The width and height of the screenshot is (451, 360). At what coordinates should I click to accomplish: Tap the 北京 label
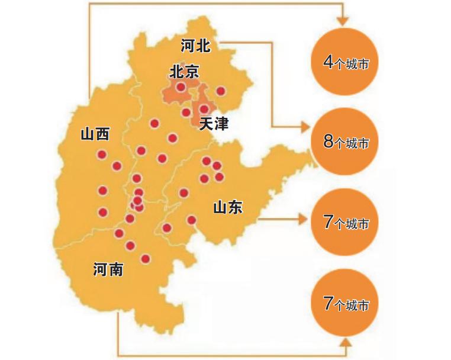point(184,72)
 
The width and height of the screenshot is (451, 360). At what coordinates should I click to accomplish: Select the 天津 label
point(214,124)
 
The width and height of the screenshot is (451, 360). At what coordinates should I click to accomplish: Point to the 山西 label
point(95,134)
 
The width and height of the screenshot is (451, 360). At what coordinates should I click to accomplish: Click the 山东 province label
point(228,207)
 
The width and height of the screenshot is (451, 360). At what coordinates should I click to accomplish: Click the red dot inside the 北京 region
point(181,88)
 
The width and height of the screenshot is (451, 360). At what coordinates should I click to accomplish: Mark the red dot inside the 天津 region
point(204,109)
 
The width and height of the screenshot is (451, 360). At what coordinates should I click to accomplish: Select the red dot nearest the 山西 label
point(102,155)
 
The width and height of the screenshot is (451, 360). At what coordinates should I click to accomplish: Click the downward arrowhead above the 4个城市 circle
point(342,21)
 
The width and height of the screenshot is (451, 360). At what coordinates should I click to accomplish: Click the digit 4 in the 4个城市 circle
point(328,62)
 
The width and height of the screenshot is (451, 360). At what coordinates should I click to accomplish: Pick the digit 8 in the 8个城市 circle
point(328,142)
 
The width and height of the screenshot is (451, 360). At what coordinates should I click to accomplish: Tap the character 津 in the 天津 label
point(221,124)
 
